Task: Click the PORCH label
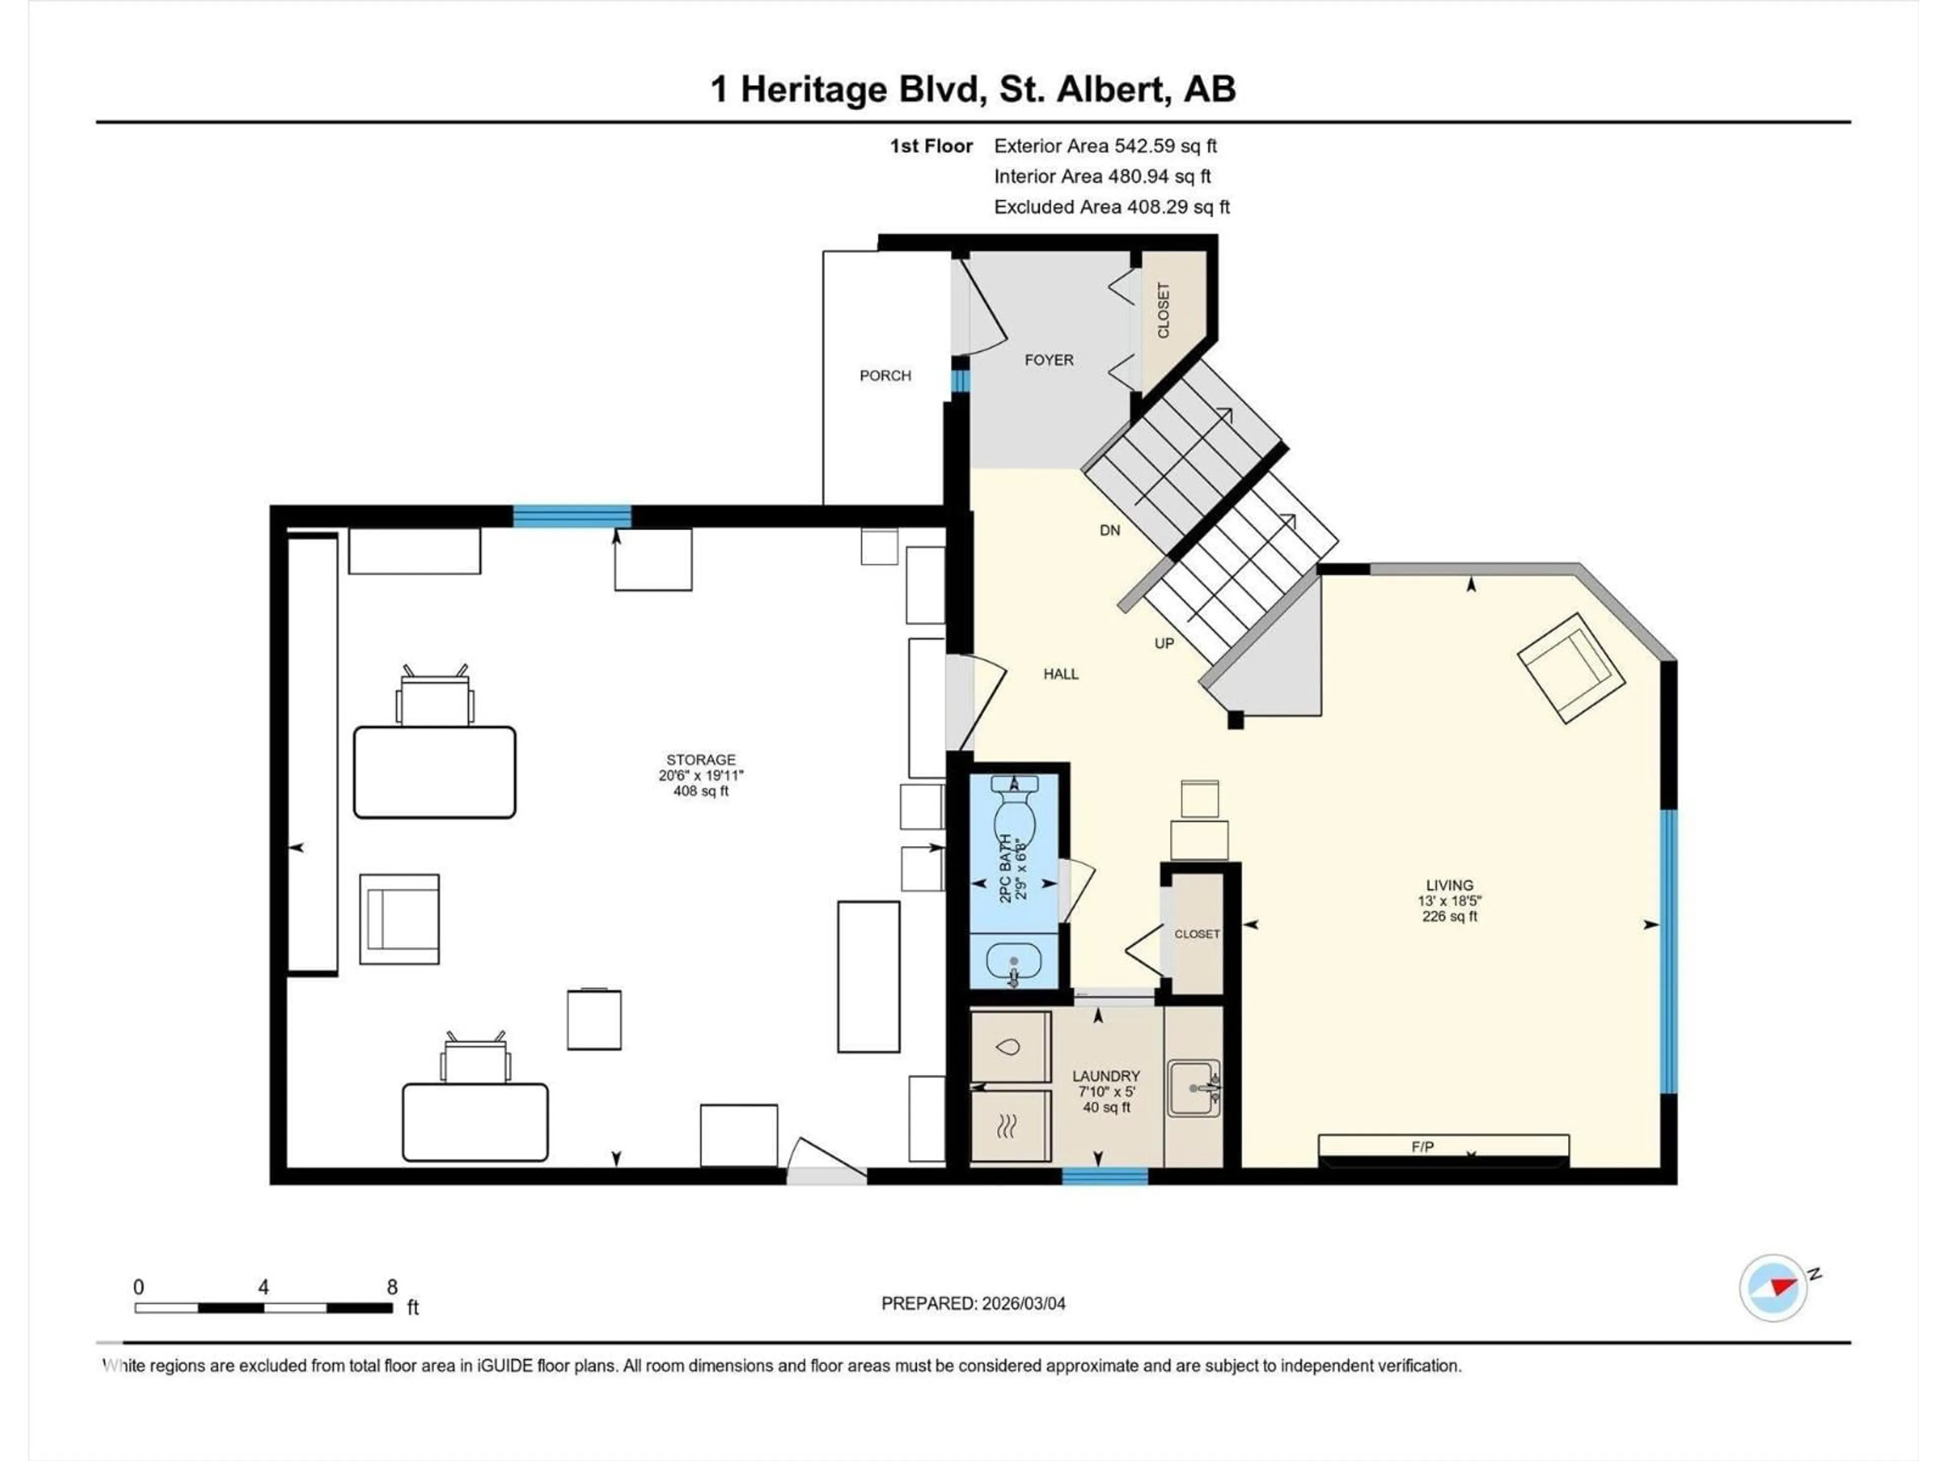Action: tap(885, 376)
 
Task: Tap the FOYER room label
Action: tap(1049, 360)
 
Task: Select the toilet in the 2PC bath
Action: tap(1015, 810)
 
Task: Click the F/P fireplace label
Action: tap(1422, 1146)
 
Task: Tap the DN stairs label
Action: tap(1109, 530)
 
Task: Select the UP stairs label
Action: tap(1164, 644)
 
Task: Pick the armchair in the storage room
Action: tap(400, 919)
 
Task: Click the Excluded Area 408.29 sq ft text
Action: tap(1111, 207)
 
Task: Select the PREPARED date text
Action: tap(973, 1303)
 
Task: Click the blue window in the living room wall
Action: tap(1668, 951)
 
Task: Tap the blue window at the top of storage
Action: tap(572, 516)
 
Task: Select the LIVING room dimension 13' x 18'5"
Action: tap(1449, 901)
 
